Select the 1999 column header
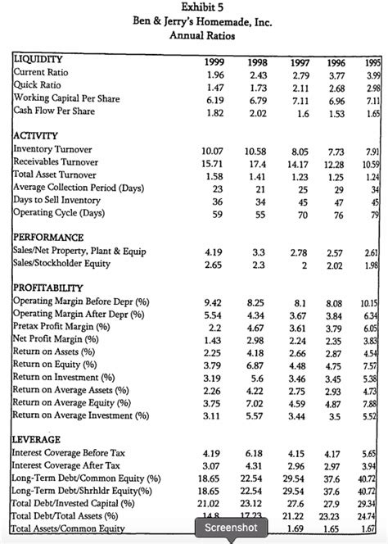coord(213,61)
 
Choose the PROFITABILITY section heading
coord(47,288)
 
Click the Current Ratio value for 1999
coord(212,74)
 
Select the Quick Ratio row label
coord(37,86)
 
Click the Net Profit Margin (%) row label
coord(53,340)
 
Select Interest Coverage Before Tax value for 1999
coord(212,453)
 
